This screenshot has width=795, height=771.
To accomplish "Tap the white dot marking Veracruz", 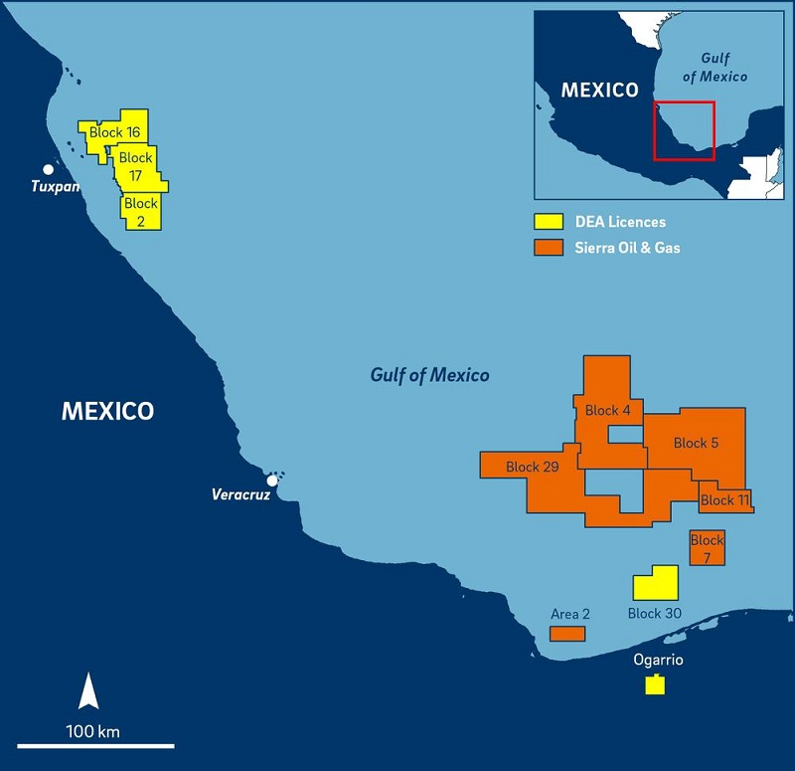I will coord(272,481).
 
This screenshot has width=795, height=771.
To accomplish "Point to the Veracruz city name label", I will coord(240,494).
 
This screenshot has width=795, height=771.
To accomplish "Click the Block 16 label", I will coord(114,132).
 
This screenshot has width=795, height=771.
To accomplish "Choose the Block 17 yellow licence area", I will coord(136,167).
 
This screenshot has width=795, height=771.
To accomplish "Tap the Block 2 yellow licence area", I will coord(141,211).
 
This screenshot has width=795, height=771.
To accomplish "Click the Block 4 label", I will coord(608,410).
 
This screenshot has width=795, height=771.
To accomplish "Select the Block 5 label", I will coord(696,443).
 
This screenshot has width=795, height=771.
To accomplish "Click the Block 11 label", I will coord(724,500).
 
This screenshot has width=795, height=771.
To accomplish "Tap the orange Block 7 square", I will coord(707,548).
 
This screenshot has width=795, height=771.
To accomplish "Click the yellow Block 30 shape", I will coord(656,583).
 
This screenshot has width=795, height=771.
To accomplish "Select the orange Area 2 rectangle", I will coord(567,633).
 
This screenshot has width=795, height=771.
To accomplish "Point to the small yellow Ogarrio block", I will coord(654,684).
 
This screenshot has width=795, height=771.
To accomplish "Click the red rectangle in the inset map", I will coord(684,130).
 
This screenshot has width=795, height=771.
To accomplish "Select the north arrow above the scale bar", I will coord(88,689).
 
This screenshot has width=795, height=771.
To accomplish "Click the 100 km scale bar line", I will coord(95,745).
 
